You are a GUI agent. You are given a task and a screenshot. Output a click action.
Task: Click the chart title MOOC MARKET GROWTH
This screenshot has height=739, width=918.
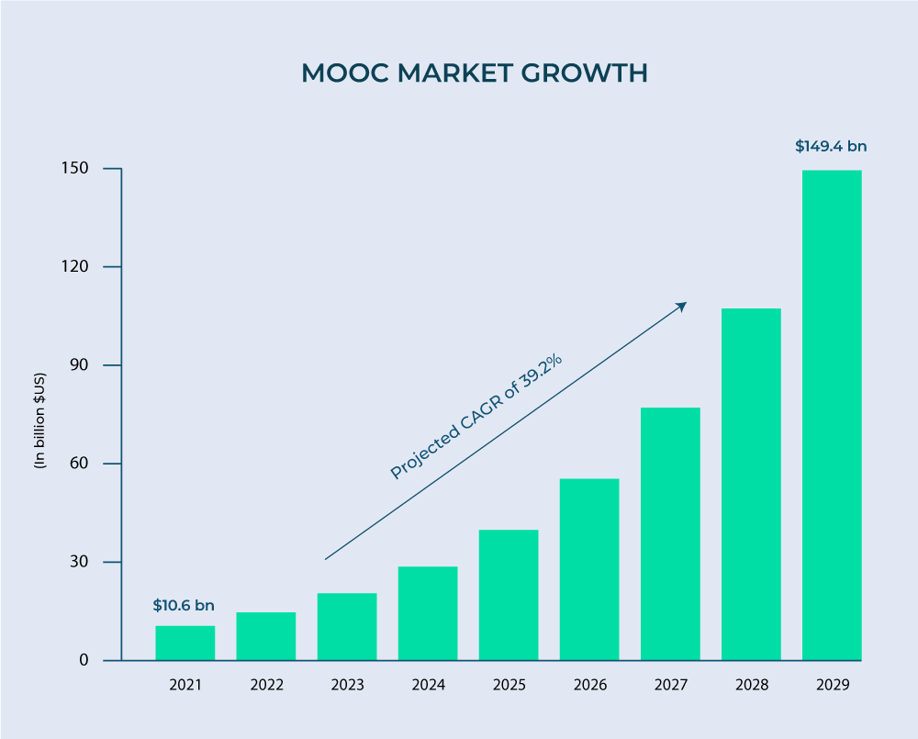[x=475, y=73]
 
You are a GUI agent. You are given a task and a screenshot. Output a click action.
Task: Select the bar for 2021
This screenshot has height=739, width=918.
[x=185, y=643]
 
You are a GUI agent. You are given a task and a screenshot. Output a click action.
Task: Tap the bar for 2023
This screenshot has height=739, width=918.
[x=347, y=626]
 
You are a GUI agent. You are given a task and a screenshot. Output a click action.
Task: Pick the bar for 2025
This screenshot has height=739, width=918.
[x=509, y=595]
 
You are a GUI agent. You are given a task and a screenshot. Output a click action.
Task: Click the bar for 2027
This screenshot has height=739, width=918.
[x=670, y=533]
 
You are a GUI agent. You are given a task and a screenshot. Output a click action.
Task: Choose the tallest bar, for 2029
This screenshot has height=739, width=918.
[x=832, y=415]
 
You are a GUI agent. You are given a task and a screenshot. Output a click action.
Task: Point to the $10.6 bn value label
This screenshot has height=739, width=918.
[x=184, y=605]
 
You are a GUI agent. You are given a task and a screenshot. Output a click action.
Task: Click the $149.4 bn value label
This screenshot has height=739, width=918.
[x=831, y=146]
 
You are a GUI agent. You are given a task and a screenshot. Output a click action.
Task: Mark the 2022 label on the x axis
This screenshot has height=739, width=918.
[x=266, y=685]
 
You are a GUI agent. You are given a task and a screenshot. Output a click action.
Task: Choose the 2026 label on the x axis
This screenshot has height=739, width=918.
[x=589, y=685]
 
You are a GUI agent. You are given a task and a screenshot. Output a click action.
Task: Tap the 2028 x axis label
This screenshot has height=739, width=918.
[x=751, y=685]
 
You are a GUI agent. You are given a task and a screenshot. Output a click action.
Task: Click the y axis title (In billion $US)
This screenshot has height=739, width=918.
[x=39, y=420]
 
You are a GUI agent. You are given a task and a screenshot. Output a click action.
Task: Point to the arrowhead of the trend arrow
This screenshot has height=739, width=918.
[x=683, y=305]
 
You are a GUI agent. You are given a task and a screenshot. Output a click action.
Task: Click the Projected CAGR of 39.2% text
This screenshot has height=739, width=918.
[x=476, y=416]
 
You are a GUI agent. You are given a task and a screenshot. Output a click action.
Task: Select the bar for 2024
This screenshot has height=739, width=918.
[x=428, y=613]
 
